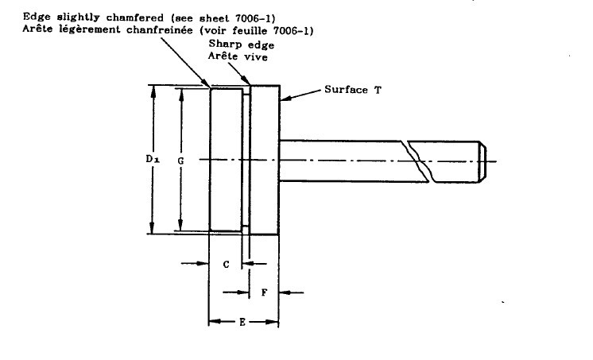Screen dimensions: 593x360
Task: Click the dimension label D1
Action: coord(153,159)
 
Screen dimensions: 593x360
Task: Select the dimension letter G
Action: coord(180,161)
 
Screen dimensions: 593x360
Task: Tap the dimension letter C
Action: coord(226,265)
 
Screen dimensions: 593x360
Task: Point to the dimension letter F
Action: coord(265,292)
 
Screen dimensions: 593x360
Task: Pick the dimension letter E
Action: coord(242,322)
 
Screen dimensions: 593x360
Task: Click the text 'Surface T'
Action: coord(353,90)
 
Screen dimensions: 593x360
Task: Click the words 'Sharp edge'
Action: coord(242,45)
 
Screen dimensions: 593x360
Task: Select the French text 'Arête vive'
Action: coord(238,56)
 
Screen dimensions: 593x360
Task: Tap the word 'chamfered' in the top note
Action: coord(134,17)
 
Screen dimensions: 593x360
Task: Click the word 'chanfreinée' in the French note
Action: coord(160,30)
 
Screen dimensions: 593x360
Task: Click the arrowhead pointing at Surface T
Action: coord(285,99)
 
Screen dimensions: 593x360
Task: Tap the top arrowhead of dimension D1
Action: coord(153,91)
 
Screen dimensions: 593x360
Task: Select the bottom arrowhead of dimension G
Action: coord(180,225)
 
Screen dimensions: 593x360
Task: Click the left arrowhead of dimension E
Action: coord(215,322)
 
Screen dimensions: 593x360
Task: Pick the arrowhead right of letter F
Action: coord(285,292)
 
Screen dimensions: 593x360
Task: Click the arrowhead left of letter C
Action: coord(203,263)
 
